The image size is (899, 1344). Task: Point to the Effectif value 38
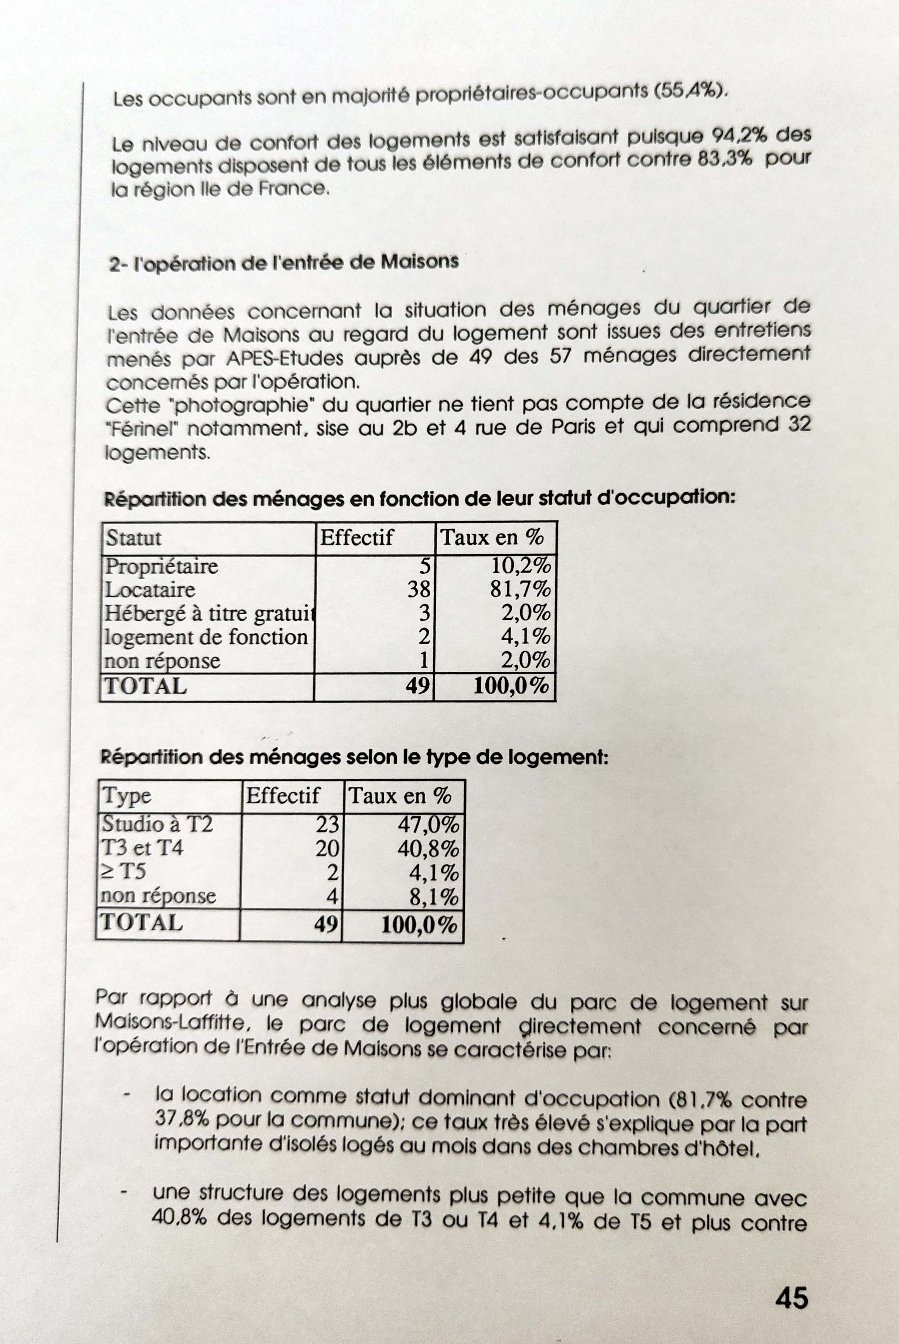click(x=419, y=589)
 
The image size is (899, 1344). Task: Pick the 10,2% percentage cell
click(x=521, y=566)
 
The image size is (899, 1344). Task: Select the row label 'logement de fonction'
click(x=206, y=637)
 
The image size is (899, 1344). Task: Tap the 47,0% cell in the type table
click(x=428, y=825)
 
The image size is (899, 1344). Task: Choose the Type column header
click(x=127, y=796)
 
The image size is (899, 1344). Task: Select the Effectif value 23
click(x=327, y=824)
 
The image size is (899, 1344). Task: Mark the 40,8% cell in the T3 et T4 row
click(x=428, y=849)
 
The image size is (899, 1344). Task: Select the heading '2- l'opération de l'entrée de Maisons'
click(x=284, y=263)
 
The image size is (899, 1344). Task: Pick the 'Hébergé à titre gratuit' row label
click(x=209, y=614)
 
